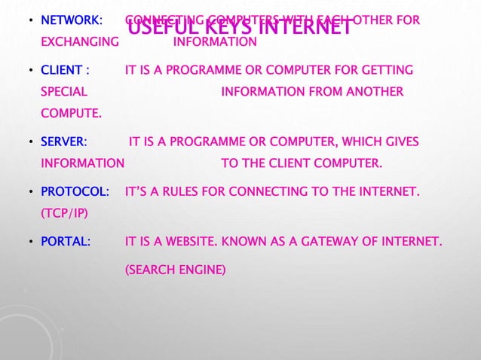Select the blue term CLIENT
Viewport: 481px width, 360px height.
coord(61,70)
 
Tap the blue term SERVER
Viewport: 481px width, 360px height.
coord(63,142)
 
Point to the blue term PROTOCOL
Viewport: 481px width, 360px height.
coord(74,193)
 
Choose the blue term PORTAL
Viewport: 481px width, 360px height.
coord(66,243)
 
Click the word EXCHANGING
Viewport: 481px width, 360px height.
coord(79,41)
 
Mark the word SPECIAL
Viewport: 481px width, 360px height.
coord(63,92)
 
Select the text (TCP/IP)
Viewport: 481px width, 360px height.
coord(64,214)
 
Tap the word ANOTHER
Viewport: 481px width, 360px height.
coord(371,92)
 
